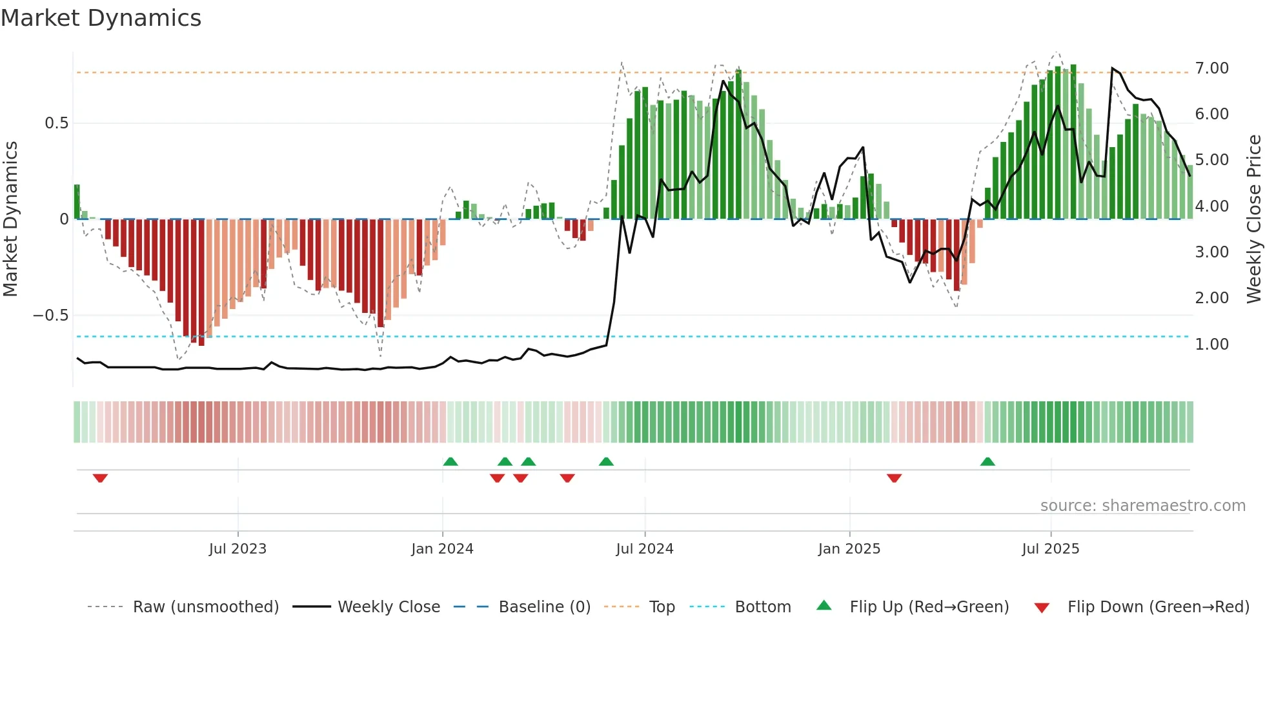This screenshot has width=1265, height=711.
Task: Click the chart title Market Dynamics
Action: [101, 18]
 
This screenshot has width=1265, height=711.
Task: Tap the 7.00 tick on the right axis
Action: [1211, 68]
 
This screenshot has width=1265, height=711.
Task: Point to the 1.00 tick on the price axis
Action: [1211, 345]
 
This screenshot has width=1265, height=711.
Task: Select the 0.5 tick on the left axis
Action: [56, 123]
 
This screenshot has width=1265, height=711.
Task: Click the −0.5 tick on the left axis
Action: [50, 315]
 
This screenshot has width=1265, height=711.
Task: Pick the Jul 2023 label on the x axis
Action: [238, 549]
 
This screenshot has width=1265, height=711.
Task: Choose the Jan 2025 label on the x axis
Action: [849, 549]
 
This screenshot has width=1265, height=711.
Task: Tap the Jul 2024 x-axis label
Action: [644, 549]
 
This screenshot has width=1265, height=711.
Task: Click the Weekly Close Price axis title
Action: [1253, 219]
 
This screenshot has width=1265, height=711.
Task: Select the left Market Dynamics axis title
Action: [10, 219]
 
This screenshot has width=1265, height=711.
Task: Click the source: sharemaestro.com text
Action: [1142, 506]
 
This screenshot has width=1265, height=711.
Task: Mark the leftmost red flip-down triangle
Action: [100, 478]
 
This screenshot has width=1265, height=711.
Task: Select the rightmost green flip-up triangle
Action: [987, 461]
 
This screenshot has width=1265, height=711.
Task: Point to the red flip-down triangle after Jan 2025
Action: [894, 478]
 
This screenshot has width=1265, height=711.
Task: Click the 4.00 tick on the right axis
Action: [1211, 206]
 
